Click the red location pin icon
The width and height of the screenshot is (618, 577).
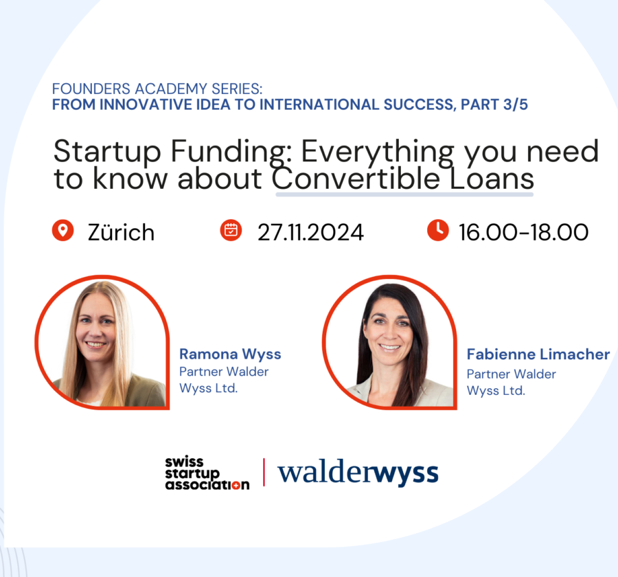tap(62, 231)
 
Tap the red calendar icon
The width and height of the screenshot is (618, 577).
tap(231, 231)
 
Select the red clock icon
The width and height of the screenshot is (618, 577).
tap(437, 231)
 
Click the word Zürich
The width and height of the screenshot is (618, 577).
tap(121, 232)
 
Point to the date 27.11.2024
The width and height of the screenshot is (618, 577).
tap(310, 232)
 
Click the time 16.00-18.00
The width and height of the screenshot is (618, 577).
tap(523, 232)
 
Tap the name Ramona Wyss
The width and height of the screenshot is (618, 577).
tap(230, 354)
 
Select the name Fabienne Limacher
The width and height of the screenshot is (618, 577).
tap(538, 354)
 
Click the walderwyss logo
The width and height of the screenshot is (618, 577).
tap(358, 473)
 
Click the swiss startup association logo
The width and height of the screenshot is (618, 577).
tap(206, 473)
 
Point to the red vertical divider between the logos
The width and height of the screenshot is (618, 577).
tap(264, 473)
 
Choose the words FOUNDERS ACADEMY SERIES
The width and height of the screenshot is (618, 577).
tap(157, 90)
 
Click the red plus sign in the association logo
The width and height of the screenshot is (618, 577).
tap(244, 485)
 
